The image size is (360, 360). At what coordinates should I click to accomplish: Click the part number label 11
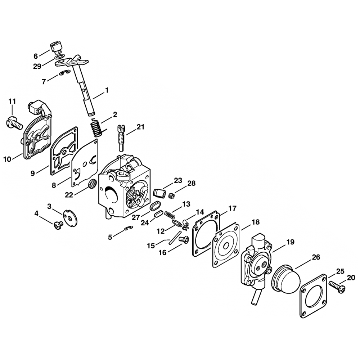point(12,102)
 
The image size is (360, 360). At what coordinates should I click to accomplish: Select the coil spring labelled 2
point(95,128)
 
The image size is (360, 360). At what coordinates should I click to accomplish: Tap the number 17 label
point(232,208)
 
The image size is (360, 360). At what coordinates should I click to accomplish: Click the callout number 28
point(191,183)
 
